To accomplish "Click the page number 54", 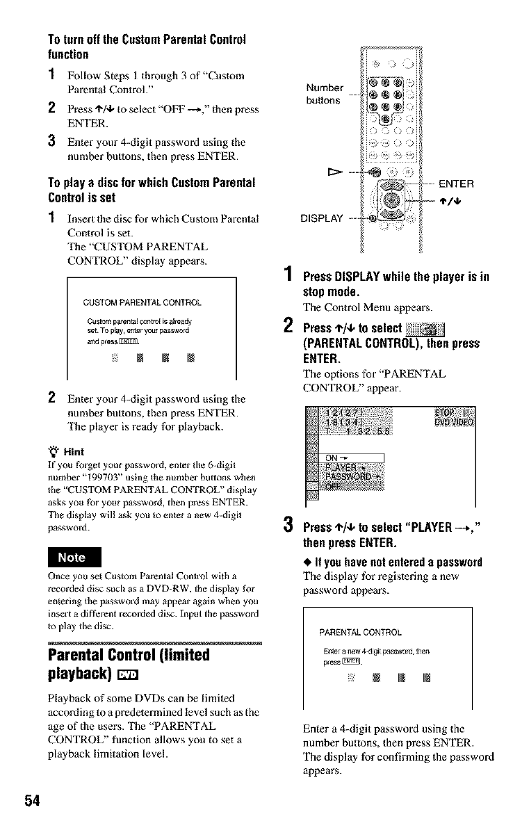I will click(33, 800).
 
